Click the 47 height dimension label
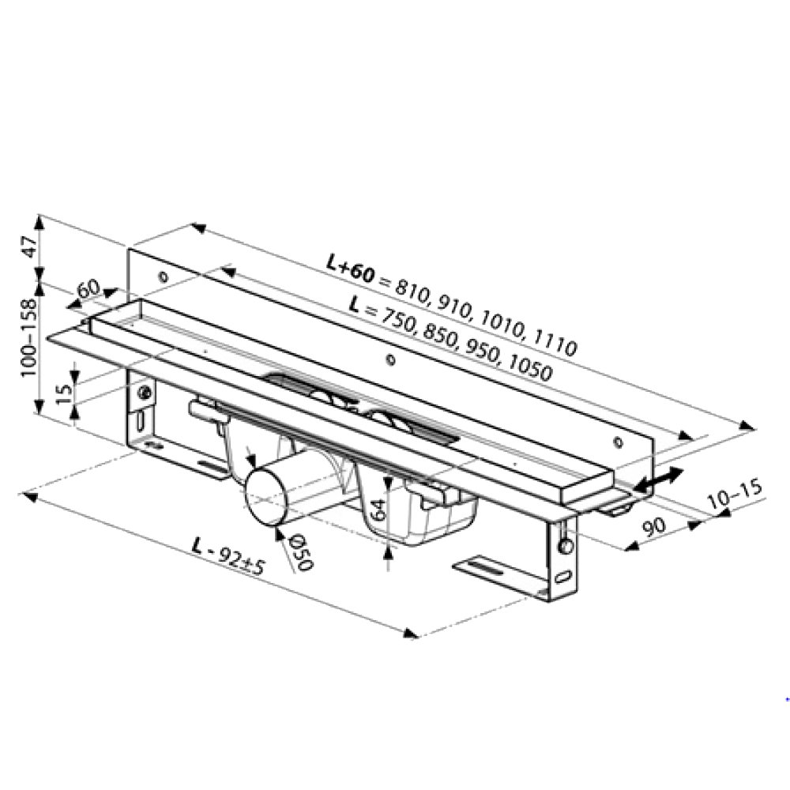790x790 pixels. coord(31,246)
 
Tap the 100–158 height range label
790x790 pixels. coord(28,337)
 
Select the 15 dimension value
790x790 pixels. coord(64,393)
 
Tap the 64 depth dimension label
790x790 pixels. coord(378,510)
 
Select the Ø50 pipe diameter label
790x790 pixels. coord(301,553)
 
